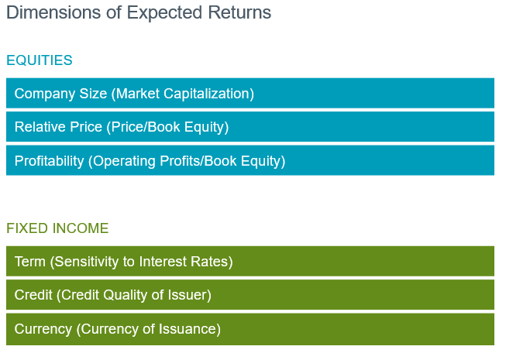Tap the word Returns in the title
(239, 12)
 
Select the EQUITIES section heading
(40, 60)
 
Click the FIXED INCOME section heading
(57, 228)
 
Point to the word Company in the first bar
(45, 94)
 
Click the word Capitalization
(208, 94)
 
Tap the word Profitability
(49, 161)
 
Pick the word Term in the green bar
(30, 262)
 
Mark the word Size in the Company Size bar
(93, 94)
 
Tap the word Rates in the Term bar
(212, 262)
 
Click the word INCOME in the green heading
(81, 228)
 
